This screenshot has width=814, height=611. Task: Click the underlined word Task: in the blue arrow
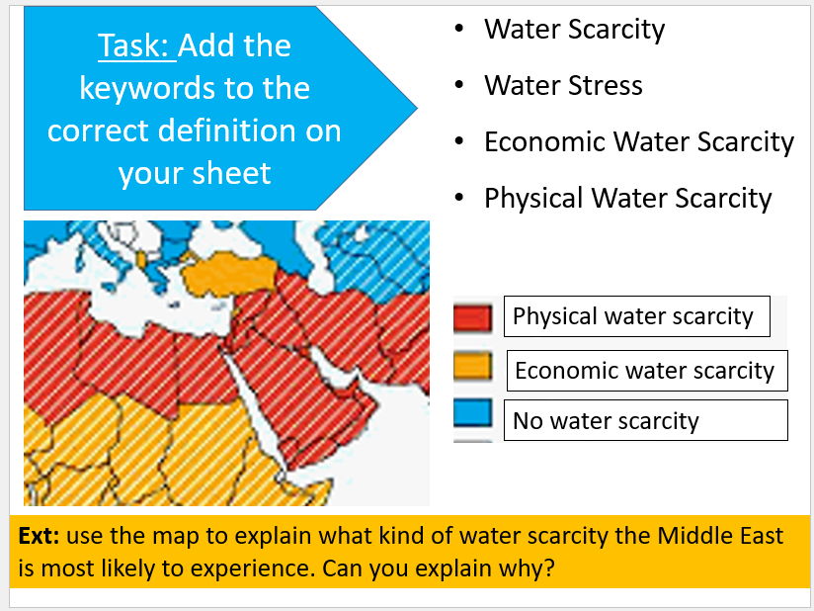(137, 45)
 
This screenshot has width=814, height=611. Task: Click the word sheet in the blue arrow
(231, 172)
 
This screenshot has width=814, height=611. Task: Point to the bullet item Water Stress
(563, 85)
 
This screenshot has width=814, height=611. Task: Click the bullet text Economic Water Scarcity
(639, 141)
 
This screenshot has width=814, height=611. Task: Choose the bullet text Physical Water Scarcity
(628, 198)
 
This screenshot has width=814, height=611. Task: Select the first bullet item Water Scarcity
(574, 29)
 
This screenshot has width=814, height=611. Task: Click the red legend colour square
(472, 317)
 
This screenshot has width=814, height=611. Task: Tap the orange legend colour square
(472, 365)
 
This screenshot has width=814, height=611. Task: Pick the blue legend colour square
(472, 412)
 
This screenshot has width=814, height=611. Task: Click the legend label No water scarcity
(606, 421)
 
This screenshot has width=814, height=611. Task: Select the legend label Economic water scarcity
(645, 371)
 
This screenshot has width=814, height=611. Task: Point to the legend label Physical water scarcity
(633, 316)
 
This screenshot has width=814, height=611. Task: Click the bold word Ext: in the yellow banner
(39, 535)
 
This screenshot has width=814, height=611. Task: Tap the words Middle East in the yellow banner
(720, 535)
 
